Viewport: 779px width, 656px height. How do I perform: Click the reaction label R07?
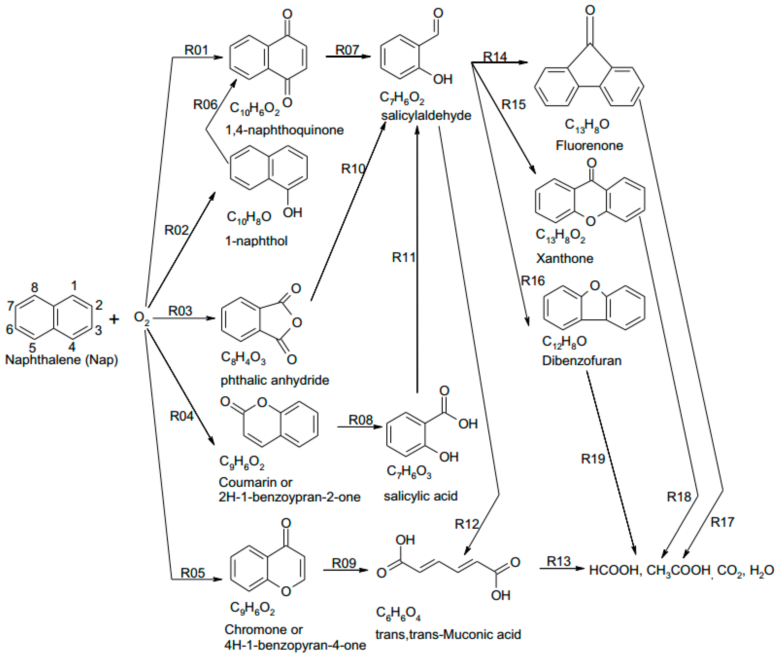pos(347,49)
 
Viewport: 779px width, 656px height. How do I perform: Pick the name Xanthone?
pos(564,258)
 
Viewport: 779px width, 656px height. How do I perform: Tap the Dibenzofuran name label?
pos(581,360)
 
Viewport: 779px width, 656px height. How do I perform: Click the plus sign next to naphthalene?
pos(114,319)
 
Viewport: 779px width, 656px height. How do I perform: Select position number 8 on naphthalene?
pos(34,287)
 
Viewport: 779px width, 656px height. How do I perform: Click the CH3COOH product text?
pos(678,570)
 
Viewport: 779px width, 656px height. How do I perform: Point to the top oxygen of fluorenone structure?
pos(590,10)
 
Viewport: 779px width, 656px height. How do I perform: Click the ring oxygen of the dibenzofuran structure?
pos(595,286)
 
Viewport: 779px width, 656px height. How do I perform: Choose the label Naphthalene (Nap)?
pos(61,360)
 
